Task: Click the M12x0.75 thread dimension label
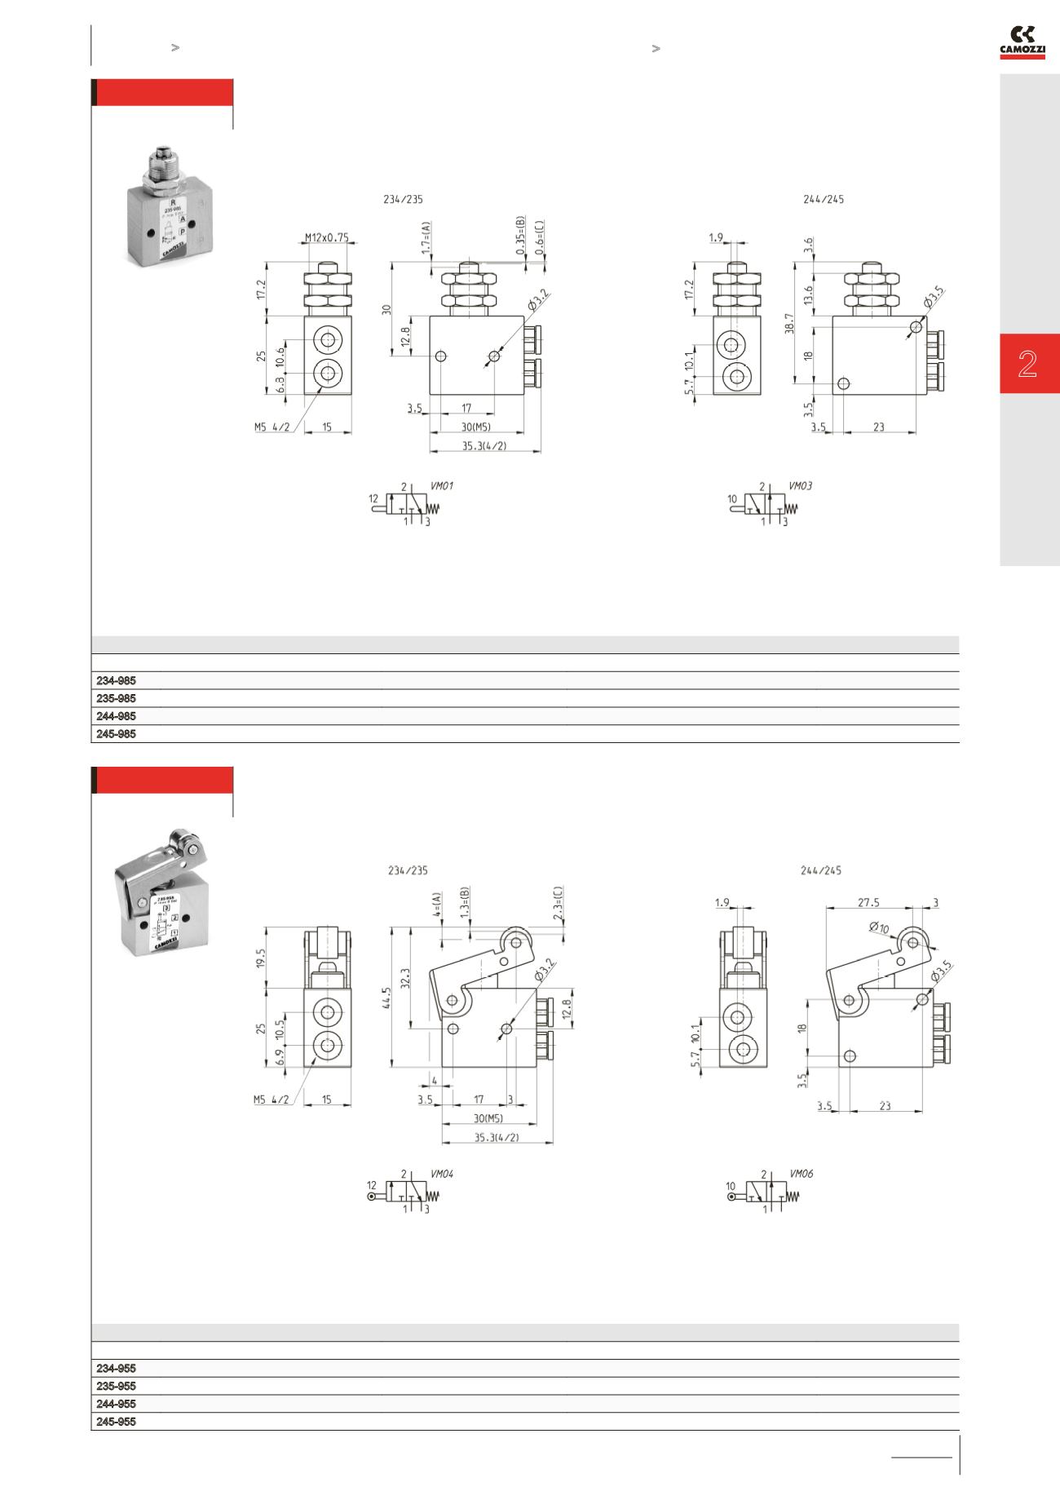(326, 238)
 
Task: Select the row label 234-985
(117, 680)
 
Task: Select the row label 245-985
(117, 734)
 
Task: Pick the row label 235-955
(117, 1386)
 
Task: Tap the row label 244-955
(117, 1404)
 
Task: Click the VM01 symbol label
(441, 486)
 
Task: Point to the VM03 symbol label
(800, 486)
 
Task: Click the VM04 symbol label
(441, 1174)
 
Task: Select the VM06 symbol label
(801, 1174)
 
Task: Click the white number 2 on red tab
(1027, 364)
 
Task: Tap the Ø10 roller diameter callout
(879, 928)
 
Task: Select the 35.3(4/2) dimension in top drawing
(485, 445)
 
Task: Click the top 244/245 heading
(824, 199)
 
